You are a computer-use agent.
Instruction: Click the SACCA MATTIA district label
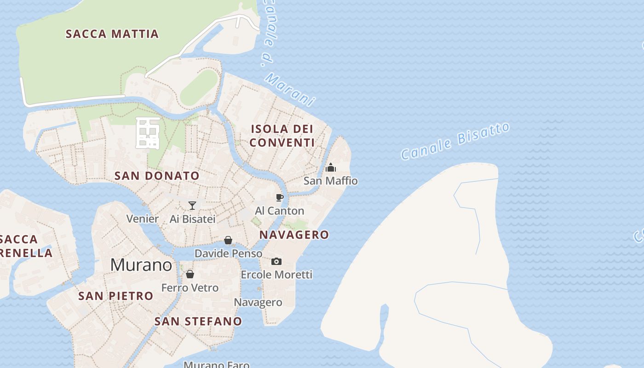point(112,34)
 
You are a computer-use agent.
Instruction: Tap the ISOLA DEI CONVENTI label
point(282,136)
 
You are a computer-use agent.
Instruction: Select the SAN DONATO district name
point(157,176)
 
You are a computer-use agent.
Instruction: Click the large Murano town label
point(141,265)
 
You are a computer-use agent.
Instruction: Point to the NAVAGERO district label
point(294,235)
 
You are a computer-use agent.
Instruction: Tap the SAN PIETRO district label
point(116,296)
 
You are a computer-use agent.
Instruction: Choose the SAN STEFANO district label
point(198,321)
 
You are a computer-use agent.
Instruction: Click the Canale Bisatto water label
point(455,141)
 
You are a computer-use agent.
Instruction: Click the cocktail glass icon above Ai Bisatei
point(192,205)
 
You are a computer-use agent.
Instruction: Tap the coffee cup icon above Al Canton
point(279,197)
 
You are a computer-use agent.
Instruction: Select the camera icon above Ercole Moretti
point(276,261)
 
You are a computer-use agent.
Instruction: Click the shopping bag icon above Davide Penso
point(228,240)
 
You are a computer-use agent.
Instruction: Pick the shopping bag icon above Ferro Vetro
point(190,274)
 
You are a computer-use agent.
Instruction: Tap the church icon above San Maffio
point(330,167)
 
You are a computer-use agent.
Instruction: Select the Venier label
point(143,218)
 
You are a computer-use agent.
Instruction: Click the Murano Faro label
point(217,365)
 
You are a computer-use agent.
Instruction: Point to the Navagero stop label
point(258,302)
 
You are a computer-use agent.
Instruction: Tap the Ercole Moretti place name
point(276,275)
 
